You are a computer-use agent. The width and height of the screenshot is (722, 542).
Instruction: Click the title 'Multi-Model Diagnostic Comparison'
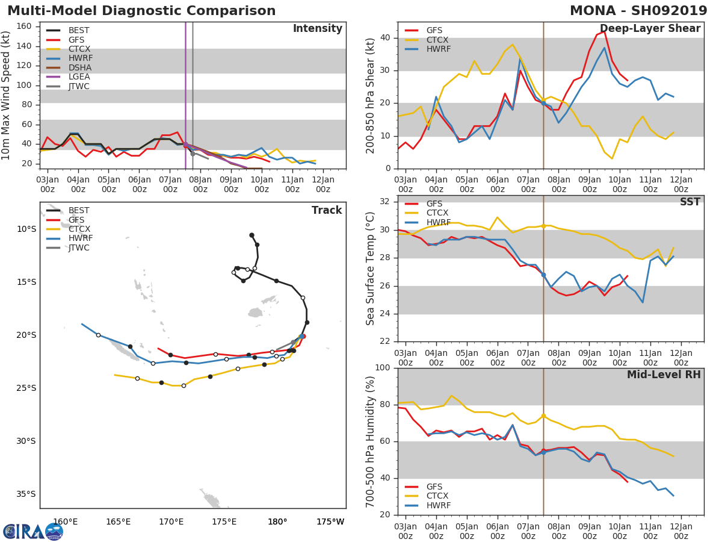coord(141,11)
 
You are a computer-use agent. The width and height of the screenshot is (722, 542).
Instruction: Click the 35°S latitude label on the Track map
coord(26,494)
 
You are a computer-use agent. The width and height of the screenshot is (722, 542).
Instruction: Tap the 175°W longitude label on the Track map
coord(330,522)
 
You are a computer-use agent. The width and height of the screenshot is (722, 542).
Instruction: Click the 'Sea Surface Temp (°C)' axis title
coord(371,269)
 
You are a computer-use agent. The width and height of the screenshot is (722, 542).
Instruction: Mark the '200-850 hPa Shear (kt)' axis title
coord(371,95)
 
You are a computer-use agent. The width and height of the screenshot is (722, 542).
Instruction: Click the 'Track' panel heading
coord(326,210)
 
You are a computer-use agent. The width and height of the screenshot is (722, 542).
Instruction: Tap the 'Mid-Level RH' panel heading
coord(663,375)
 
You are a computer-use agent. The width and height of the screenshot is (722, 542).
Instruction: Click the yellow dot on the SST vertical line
coord(543,226)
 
